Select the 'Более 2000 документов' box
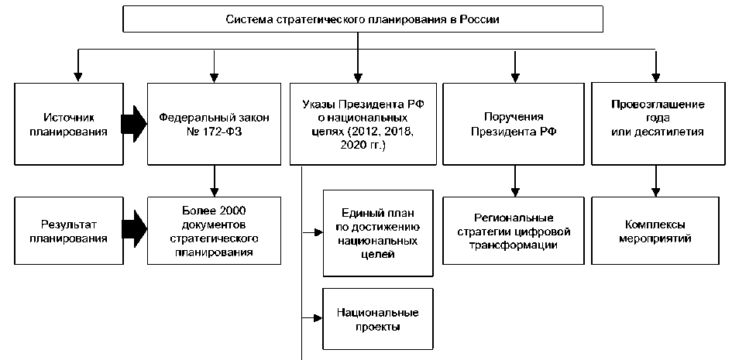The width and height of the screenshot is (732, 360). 212,231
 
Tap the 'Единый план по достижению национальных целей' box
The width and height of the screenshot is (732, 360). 378,231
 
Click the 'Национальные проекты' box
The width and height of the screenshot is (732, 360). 378,319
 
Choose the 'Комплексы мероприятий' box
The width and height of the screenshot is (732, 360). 657,231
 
